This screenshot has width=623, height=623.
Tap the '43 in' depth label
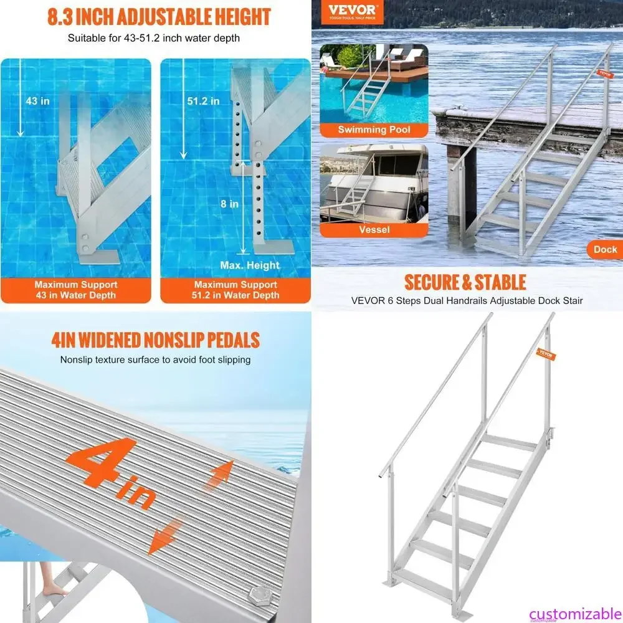pyautogui.click(x=38, y=101)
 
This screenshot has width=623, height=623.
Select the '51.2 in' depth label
pyautogui.click(x=203, y=101)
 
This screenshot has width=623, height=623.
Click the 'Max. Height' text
pyautogui.click(x=250, y=265)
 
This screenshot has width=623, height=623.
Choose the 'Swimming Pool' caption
pyautogui.click(x=374, y=130)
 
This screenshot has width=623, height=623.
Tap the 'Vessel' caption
pyautogui.click(x=374, y=229)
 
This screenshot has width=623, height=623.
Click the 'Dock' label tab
pyautogui.click(x=604, y=249)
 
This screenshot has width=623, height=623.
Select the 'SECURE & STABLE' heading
pyautogui.click(x=465, y=282)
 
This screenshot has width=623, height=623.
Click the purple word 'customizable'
pyautogui.click(x=575, y=613)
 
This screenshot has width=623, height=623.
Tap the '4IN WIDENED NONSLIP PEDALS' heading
pyautogui.click(x=155, y=340)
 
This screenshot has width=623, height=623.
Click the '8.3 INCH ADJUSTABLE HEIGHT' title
pyautogui.click(x=159, y=16)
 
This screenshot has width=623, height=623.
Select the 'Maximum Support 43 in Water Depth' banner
pyautogui.click(x=76, y=290)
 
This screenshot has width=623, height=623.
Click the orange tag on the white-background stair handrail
pyautogui.click(x=546, y=354)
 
